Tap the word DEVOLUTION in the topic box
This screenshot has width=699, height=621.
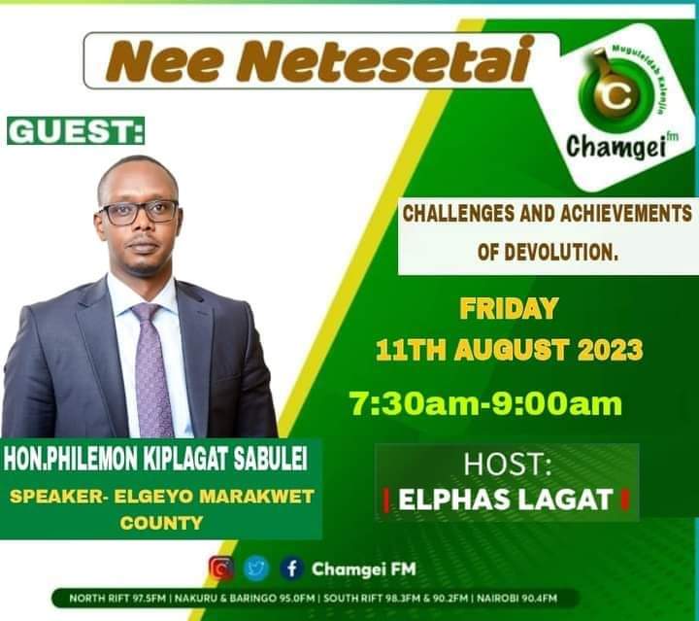562,252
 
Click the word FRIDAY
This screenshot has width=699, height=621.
508,310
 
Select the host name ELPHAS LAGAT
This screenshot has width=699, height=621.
507,500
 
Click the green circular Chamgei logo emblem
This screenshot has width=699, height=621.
613,94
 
